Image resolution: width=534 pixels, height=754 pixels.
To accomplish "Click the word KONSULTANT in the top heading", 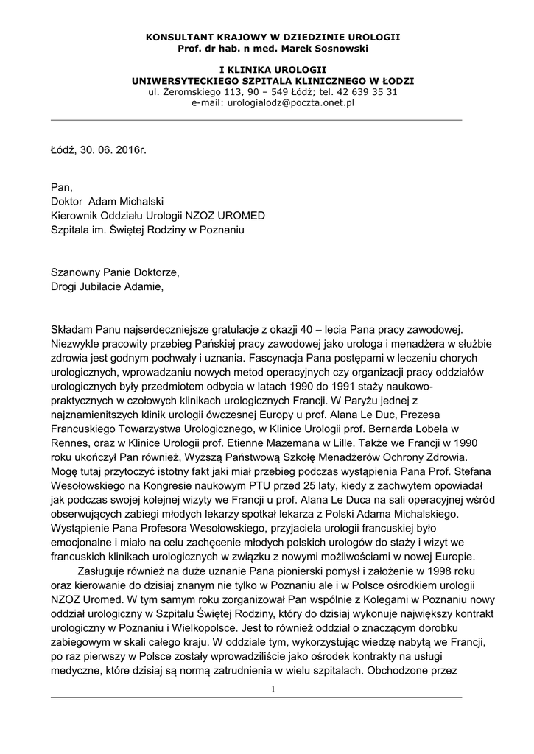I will click(x=175, y=36).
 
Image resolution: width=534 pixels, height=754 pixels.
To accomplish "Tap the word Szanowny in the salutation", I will click(x=76, y=272).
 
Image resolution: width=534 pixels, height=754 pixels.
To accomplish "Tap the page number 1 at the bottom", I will click(x=273, y=689).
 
